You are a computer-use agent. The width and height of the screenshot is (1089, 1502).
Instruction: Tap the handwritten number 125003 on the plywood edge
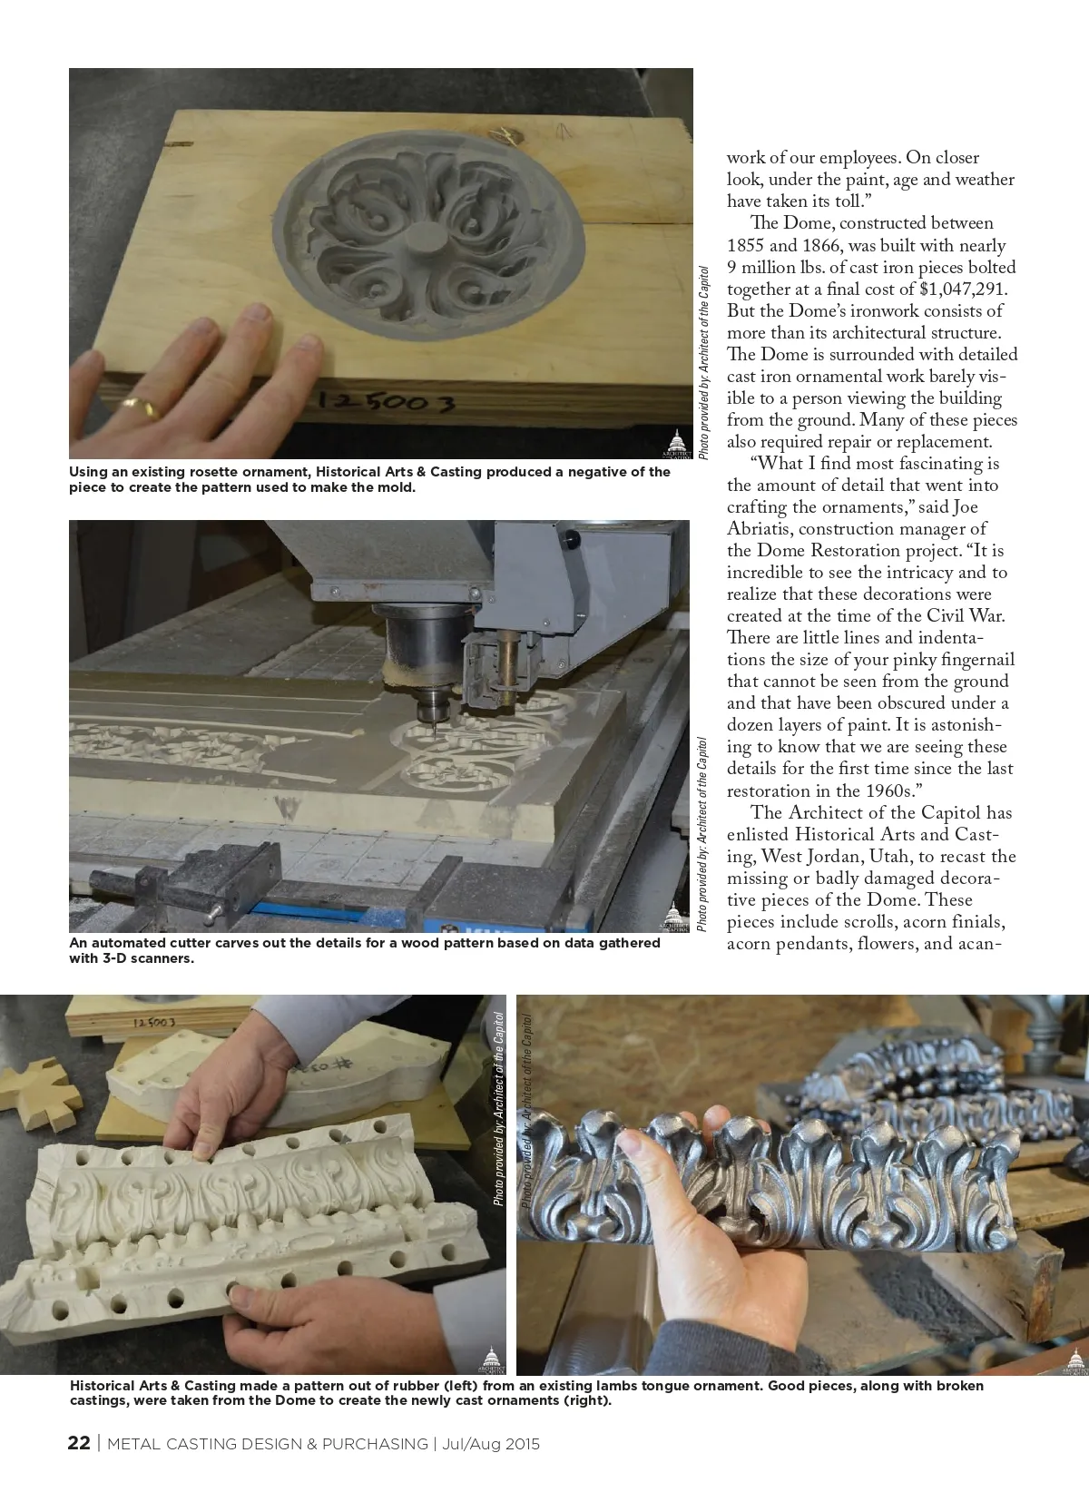pyautogui.click(x=387, y=402)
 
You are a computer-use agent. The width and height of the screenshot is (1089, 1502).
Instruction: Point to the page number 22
pyautogui.click(x=78, y=1443)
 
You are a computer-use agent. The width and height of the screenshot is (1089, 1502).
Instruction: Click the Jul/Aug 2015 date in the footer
pyautogui.click(x=490, y=1444)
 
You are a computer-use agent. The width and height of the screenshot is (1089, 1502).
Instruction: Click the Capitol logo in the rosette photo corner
pyautogui.click(x=677, y=444)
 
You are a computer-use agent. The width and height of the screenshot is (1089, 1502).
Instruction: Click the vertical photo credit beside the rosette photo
pyautogui.click(x=703, y=363)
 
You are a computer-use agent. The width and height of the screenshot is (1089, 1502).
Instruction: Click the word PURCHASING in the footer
pyautogui.click(x=375, y=1444)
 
